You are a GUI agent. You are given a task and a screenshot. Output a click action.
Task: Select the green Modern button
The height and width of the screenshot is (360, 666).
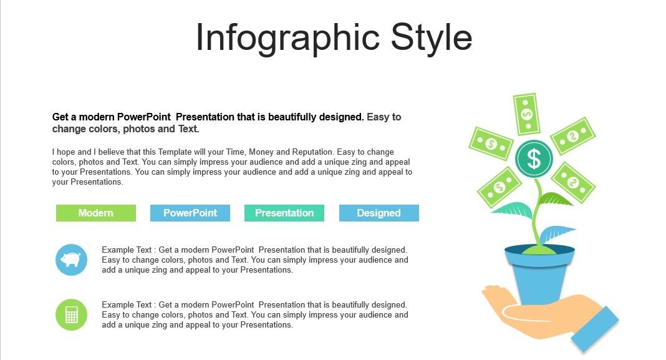point(96,213)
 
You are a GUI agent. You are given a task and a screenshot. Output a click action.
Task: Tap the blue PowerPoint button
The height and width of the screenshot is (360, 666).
point(190,213)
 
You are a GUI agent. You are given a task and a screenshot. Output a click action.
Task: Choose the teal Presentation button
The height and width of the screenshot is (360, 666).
point(284,213)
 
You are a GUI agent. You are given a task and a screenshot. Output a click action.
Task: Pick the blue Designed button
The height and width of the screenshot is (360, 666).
point(379,213)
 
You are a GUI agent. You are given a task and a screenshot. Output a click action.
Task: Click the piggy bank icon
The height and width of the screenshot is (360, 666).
point(71,260)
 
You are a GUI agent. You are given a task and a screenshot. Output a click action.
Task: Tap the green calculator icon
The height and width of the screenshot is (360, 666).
point(71,315)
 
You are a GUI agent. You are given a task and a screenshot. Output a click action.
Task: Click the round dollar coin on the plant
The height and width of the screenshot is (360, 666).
point(533,158)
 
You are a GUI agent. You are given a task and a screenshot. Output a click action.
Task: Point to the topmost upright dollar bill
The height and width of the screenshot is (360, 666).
point(527,114)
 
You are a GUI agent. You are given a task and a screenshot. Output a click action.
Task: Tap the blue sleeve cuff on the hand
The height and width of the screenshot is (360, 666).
point(595,329)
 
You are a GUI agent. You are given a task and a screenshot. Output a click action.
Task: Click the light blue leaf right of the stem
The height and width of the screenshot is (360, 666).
point(557,233)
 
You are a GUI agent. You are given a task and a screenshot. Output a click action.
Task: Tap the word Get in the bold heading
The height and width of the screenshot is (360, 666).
point(59,117)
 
